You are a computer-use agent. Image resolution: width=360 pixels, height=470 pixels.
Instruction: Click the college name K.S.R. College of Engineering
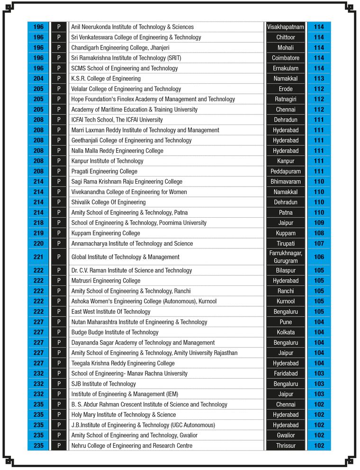[106, 79]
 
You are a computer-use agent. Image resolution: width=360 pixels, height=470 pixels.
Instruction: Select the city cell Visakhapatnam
[285, 27]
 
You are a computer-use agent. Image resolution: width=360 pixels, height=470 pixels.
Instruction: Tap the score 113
[319, 79]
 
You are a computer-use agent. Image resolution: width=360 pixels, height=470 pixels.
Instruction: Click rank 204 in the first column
[38, 79]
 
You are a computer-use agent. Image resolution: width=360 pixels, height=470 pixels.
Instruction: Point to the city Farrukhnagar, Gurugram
[285, 257]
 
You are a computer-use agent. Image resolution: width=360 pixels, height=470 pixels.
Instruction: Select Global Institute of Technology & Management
[125, 257]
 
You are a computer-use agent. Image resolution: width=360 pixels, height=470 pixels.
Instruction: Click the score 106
[319, 257]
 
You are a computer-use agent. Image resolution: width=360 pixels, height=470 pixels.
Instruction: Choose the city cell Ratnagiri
[285, 99]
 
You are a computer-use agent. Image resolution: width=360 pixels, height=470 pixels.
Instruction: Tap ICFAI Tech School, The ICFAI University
[117, 120]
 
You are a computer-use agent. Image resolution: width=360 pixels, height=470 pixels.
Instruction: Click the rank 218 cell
[38, 223]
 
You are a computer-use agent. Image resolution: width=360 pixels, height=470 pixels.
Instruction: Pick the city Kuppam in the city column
[285, 233]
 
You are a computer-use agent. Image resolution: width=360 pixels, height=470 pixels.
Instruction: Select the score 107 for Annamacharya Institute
[319, 244]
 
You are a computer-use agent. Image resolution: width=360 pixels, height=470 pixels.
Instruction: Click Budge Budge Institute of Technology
[115, 332]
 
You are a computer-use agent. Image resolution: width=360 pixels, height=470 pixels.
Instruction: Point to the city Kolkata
[285, 332]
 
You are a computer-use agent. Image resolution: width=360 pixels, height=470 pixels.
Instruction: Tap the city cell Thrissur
[285, 446]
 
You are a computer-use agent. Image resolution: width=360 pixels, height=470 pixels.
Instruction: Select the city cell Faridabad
[285, 373]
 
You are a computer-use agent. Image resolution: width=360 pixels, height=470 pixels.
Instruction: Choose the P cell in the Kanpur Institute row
[59, 161]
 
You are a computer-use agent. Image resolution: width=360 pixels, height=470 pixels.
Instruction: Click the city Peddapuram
[285, 171]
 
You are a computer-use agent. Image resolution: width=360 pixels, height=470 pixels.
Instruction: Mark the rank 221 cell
[38, 257]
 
